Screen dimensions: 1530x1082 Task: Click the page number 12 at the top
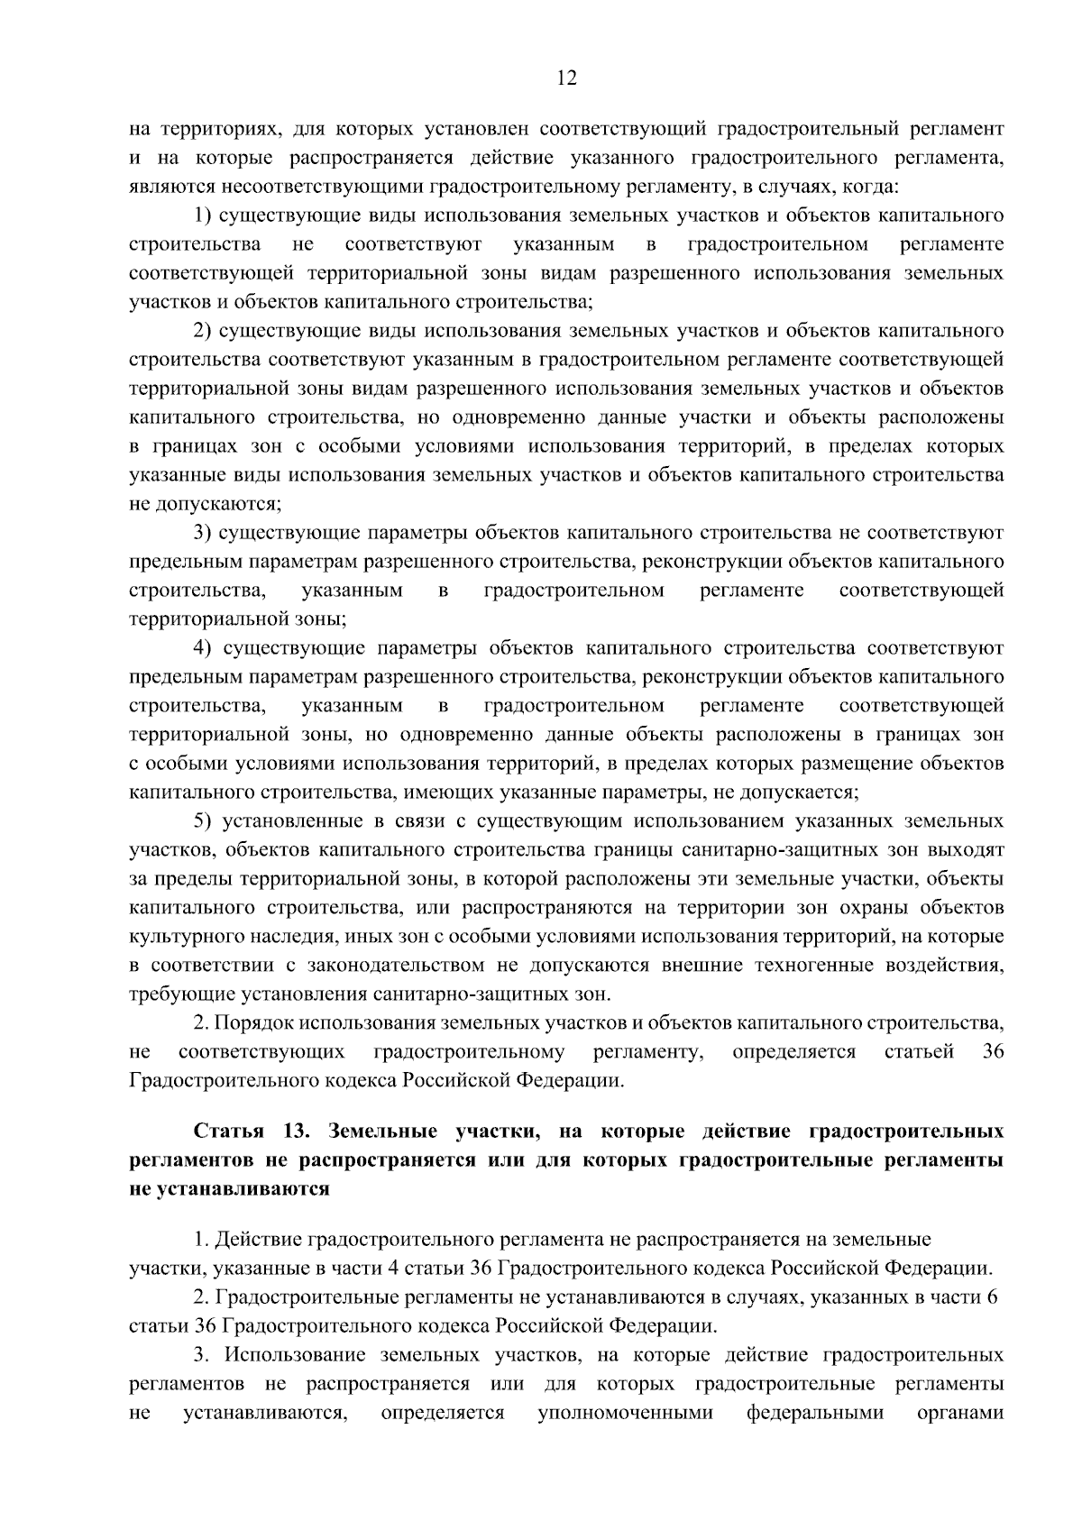566,78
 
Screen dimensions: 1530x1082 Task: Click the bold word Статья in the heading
228,1131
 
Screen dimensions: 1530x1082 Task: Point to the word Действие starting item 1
258,1241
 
